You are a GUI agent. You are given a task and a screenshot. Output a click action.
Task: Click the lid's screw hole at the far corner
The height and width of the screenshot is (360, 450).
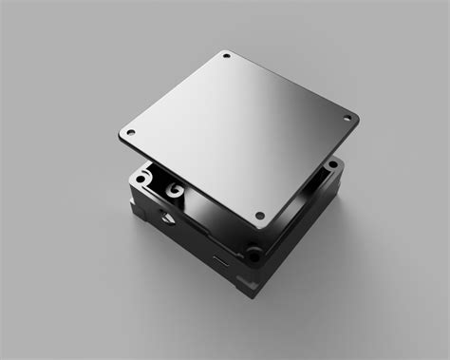click(227, 58)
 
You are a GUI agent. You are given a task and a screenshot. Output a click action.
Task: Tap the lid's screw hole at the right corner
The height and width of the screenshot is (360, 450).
click(346, 119)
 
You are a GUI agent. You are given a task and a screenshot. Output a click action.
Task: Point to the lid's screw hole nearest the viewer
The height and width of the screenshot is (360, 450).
click(257, 214)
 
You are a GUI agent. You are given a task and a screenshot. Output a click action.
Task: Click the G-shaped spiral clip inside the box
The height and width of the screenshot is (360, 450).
click(174, 193)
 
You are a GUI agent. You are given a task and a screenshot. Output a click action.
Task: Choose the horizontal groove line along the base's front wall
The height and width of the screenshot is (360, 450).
click(204, 241)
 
